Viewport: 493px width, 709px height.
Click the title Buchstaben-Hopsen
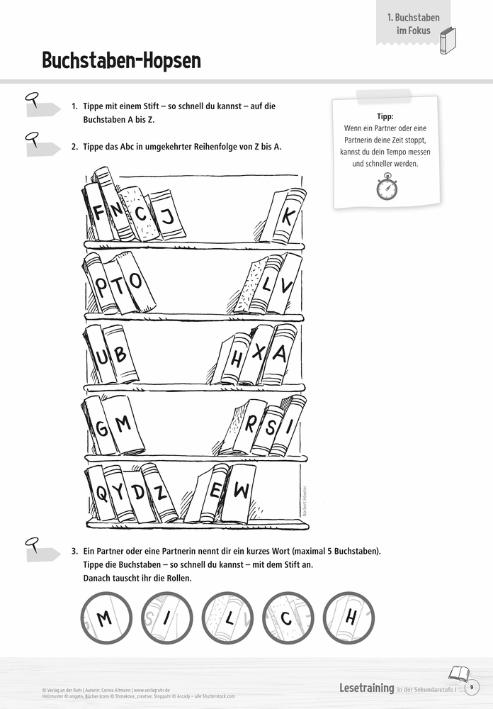(121, 61)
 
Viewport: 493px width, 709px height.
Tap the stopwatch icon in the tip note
(386, 187)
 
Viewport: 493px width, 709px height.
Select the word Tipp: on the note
(386, 117)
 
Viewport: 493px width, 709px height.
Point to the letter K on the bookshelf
(287, 217)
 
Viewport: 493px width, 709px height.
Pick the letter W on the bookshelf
(241, 490)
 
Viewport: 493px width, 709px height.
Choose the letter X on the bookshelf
(259, 352)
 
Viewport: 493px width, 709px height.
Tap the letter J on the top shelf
(169, 216)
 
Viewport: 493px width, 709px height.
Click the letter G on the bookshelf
(102, 428)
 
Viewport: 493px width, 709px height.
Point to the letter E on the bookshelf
(216, 491)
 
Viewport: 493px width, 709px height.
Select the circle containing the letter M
(105, 618)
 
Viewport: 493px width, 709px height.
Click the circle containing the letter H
(348, 618)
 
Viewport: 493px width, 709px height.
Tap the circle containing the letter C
(287, 618)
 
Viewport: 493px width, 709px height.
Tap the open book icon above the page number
(458, 672)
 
